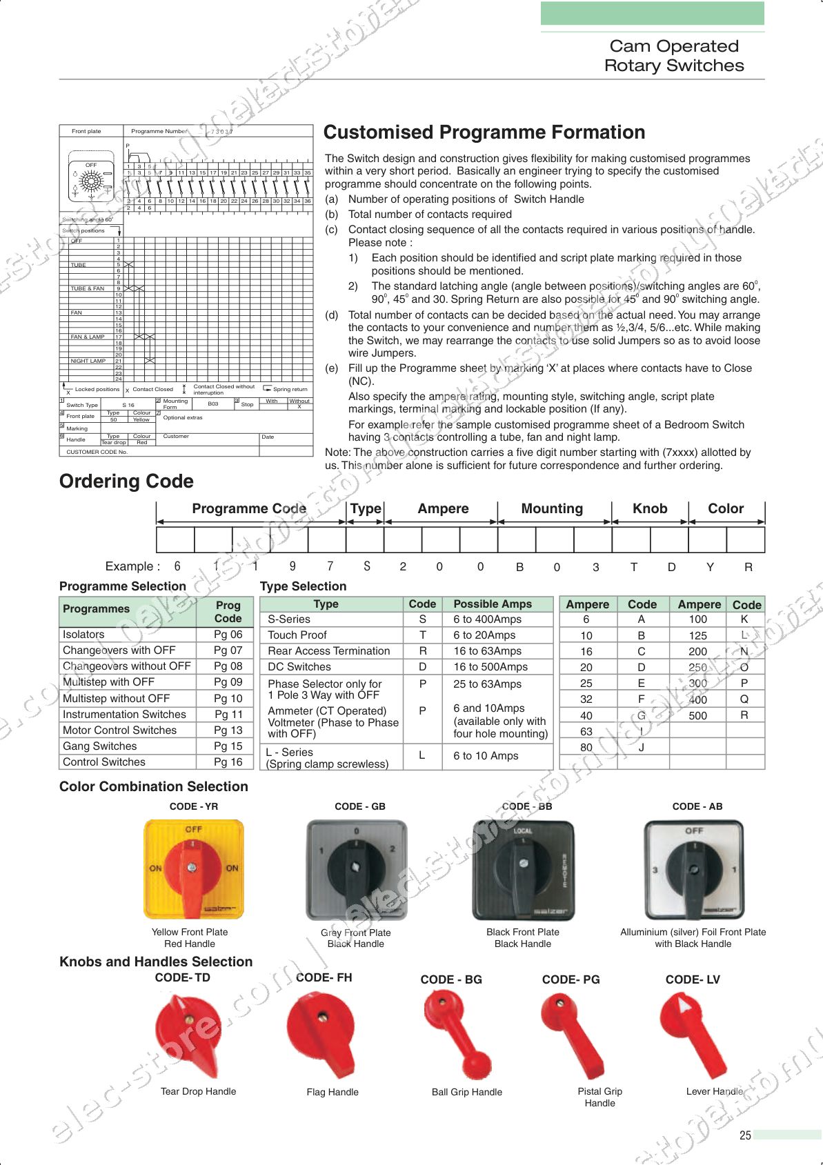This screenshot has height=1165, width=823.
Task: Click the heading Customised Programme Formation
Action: coord(484,132)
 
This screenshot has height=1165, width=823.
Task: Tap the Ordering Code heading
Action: coord(126,481)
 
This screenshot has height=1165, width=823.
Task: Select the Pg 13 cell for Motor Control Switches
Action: coord(228,730)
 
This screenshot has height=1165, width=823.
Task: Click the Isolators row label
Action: coord(83,635)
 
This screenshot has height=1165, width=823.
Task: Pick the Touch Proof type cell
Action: coord(297,635)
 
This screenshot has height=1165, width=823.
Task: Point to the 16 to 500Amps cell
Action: coord(490,667)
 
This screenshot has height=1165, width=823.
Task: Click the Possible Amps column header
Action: coord(493,604)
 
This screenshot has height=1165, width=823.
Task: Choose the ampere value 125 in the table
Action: coord(698,636)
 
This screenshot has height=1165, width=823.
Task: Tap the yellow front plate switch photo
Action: coord(193,868)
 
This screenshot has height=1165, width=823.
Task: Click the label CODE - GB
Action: coord(359,806)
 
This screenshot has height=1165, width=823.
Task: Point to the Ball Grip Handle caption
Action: coord(467,1092)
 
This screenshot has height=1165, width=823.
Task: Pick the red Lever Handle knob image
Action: coord(693,1033)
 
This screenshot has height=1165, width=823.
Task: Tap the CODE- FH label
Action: coord(324,977)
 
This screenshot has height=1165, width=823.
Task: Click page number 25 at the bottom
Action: coord(745,1135)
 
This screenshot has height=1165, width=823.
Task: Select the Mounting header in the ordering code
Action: coord(552,509)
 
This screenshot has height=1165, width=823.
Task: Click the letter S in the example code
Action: coord(367,566)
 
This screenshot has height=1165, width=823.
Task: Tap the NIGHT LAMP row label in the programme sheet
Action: coord(88,361)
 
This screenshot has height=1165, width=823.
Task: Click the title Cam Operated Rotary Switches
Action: coord(674,56)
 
